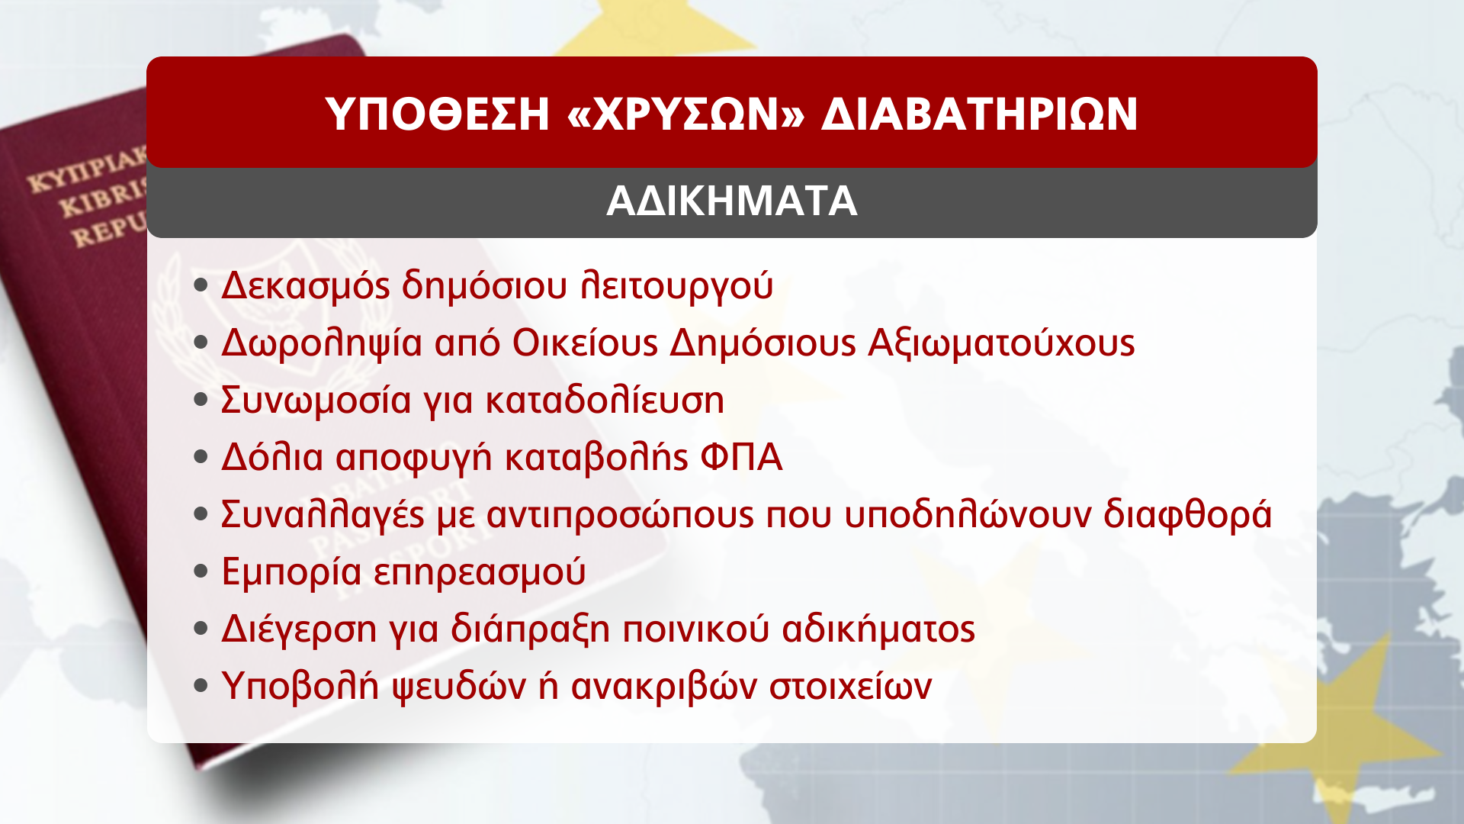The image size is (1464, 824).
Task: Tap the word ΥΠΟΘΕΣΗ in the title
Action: click(438, 114)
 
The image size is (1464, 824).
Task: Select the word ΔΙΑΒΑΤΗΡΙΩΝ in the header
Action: click(979, 114)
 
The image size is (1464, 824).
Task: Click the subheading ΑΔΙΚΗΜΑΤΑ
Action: click(732, 201)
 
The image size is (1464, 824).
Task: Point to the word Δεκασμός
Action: click(306, 286)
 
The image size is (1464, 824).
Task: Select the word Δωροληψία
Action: click(322, 343)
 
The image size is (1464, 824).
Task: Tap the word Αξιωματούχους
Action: click(1002, 343)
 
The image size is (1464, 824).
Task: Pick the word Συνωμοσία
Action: click(316, 401)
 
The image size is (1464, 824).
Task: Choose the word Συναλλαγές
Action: click(323, 515)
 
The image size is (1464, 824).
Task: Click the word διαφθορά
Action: click(1188, 515)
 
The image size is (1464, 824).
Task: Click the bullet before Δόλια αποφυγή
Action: click(201, 458)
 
